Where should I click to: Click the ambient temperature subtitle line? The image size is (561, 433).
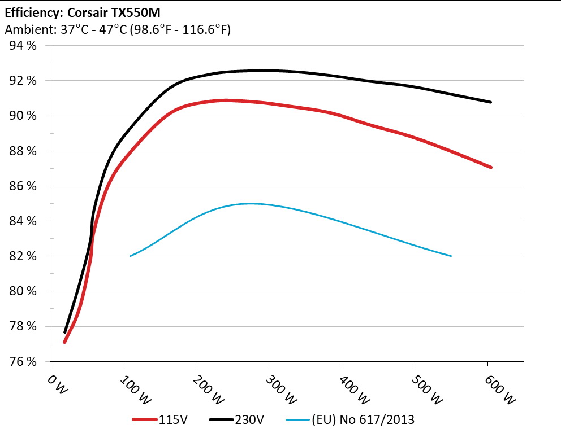pyautogui.click(x=118, y=30)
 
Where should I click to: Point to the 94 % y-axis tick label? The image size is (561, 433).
pyautogui.click(x=23, y=46)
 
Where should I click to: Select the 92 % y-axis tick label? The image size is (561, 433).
pyautogui.click(x=23, y=81)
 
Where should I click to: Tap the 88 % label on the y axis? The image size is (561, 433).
pyautogui.click(x=23, y=151)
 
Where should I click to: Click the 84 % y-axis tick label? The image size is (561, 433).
pyautogui.click(x=23, y=221)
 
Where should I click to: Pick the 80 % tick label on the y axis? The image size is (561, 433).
pyautogui.click(x=23, y=291)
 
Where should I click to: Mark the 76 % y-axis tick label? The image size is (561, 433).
pyautogui.click(x=23, y=361)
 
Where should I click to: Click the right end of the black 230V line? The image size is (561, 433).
pyautogui.click(x=491, y=102)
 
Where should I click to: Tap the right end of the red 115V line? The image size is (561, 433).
pyautogui.click(x=491, y=167)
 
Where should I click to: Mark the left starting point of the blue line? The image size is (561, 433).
pyautogui.click(x=131, y=256)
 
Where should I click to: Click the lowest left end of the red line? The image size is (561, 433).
pyautogui.click(x=64, y=342)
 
